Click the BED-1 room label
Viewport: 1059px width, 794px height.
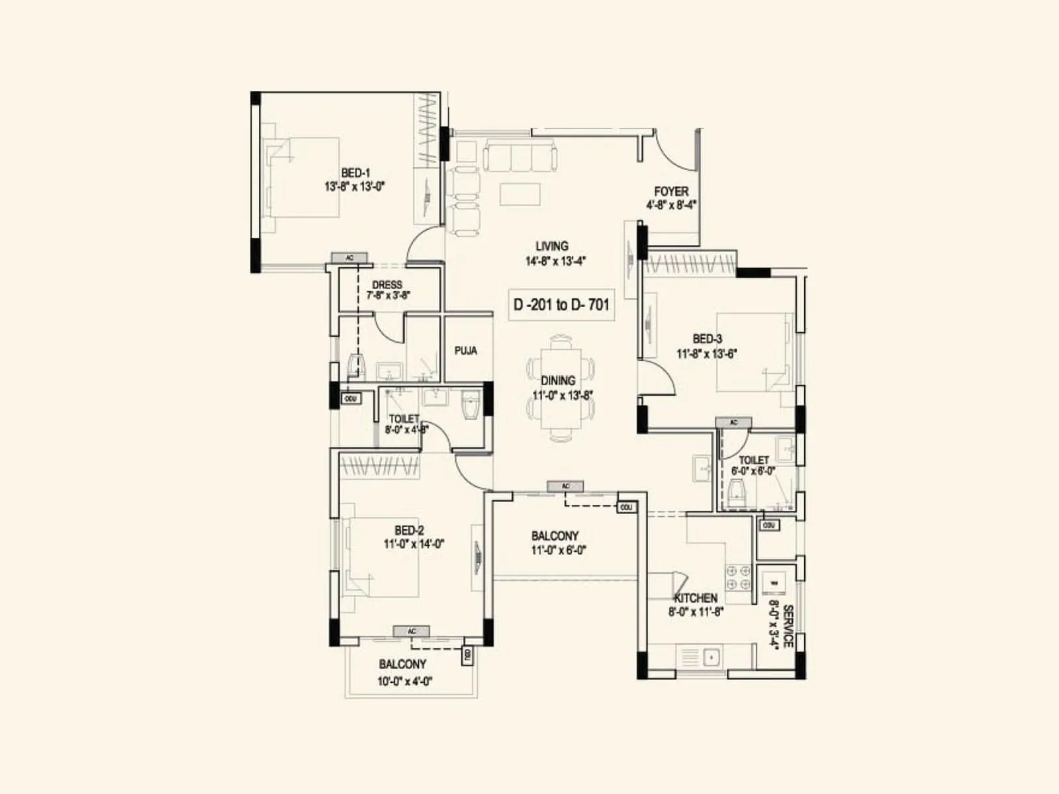[x=355, y=173]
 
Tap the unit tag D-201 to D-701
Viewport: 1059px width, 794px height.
[x=561, y=305]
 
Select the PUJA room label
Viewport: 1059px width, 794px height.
[x=465, y=351]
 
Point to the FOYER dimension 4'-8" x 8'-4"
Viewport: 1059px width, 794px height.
[x=671, y=205]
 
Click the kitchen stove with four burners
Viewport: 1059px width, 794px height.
[x=738, y=578]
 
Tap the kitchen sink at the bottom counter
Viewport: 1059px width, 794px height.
[x=712, y=658]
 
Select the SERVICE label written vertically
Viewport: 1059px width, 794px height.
[x=788, y=626]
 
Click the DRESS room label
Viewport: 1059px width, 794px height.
[x=387, y=285]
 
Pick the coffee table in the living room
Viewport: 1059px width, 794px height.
[x=520, y=195]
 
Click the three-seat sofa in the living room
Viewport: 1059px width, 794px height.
[x=520, y=156]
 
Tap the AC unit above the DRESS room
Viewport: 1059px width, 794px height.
[x=349, y=257]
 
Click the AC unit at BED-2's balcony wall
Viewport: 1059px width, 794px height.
[x=411, y=631]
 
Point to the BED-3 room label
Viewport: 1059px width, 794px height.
[x=707, y=339]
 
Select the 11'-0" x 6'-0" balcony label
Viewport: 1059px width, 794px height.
[x=559, y=550]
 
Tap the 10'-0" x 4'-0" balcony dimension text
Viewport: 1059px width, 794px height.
[x=405, y=682]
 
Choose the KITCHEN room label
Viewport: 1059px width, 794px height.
[x=696, y=597]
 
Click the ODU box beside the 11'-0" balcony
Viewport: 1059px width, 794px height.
[x=626, y=507]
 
